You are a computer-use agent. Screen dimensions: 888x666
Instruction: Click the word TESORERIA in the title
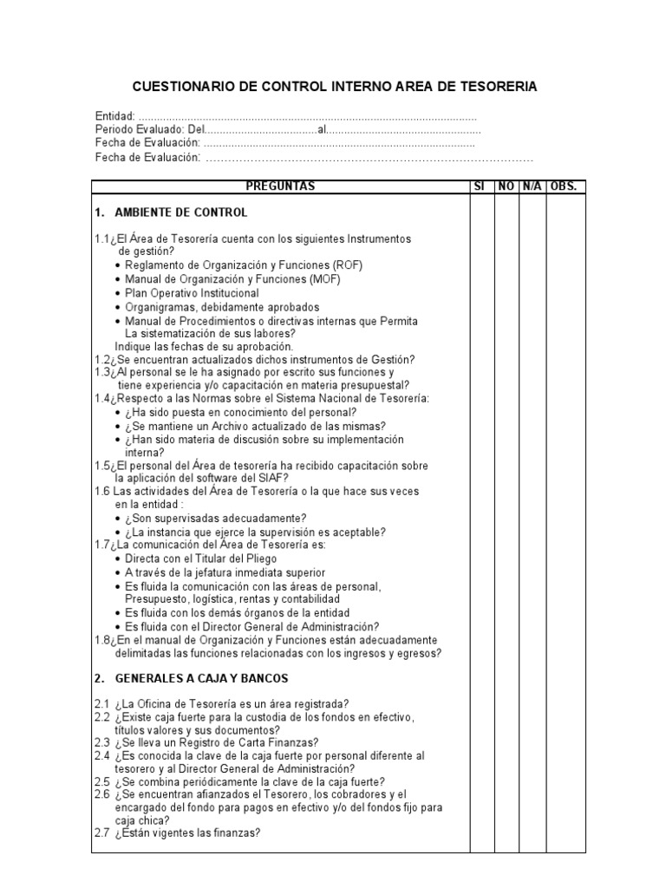(493, 87)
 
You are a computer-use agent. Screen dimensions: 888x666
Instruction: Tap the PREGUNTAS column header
(280, 186)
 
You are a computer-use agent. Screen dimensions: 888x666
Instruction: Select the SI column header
(479, 186)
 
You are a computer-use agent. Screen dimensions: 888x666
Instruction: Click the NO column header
(506, 186)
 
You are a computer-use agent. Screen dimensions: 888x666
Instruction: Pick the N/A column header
(532, 186)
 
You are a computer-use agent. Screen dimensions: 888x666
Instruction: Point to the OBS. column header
(564, 186)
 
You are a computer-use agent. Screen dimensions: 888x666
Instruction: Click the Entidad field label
(114, 116)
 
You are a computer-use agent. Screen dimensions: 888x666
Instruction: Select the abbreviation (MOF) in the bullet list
(323, 279)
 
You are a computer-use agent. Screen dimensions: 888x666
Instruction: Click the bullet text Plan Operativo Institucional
(192, 293)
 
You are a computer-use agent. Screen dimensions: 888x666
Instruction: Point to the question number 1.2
(102, 360)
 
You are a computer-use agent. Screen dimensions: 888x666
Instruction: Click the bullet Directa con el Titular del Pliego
(199, 558)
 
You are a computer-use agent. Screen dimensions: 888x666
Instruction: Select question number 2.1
(101, 703)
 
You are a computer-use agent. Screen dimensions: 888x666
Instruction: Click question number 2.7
(101, 833)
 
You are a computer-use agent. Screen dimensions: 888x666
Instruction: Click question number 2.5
(101, 781)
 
